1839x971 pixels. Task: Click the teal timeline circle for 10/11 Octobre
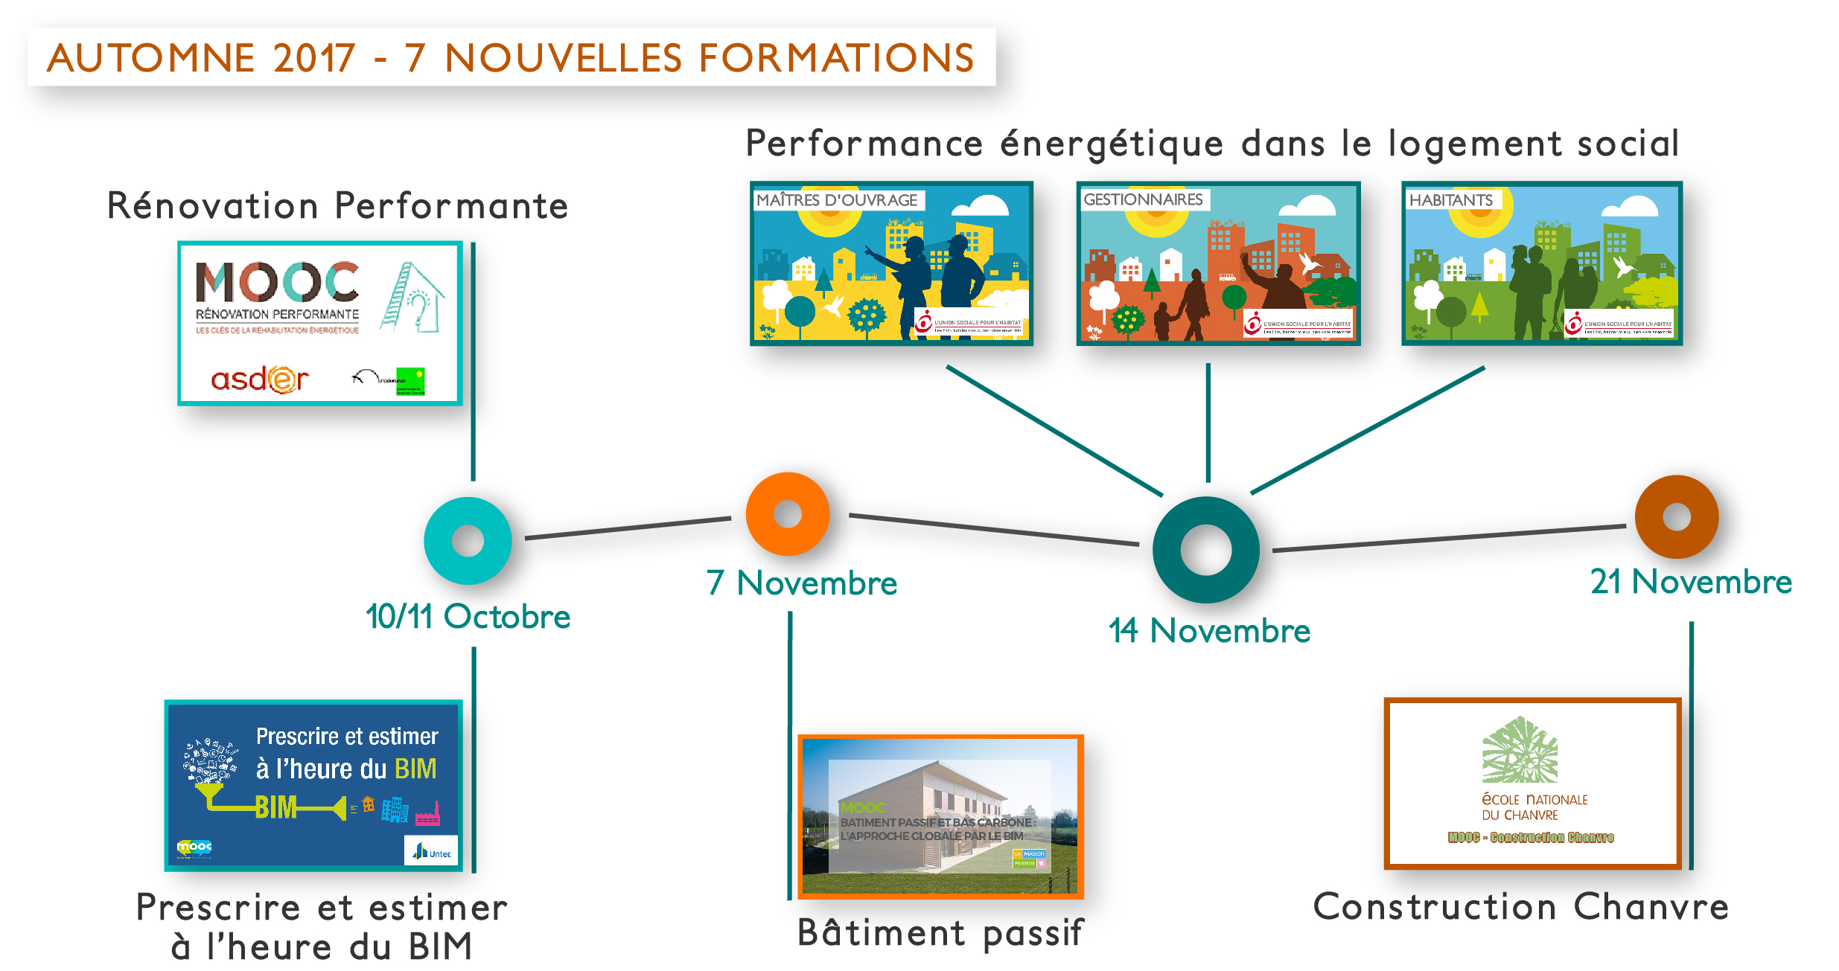(468, 540)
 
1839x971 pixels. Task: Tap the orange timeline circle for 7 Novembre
(787, 513)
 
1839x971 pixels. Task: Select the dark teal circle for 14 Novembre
(1205, 550)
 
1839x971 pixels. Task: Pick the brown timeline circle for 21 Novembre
(1676, 516)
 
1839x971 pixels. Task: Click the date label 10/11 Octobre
(468, 617)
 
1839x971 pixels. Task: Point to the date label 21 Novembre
(1690, 582)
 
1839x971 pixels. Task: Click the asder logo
(259, 379)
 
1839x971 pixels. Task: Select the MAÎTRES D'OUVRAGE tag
(838, 200)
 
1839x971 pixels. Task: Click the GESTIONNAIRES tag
(1143, 199)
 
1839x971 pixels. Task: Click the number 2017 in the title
(314, 58)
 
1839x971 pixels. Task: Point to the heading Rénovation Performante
(337, 206)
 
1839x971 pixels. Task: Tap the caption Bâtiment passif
(940, 932)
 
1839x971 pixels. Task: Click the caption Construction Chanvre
(1520, 907)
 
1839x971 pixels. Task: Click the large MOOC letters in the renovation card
(277, 282)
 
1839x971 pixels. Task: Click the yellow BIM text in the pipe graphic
(275, 807)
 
